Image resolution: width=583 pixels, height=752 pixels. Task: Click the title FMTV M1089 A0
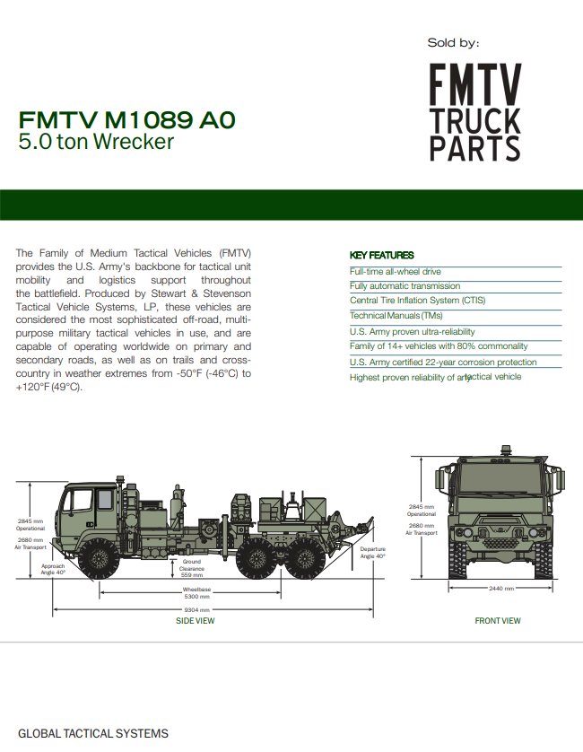point(126,119)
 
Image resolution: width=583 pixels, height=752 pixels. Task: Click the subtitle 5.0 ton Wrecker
point(96,142)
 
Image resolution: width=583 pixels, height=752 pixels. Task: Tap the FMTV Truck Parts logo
point(475,112)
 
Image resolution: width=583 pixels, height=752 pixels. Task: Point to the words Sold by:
point(453,43)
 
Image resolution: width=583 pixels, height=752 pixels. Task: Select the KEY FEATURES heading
point(381,255)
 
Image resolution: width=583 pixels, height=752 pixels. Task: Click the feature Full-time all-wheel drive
point(395,271)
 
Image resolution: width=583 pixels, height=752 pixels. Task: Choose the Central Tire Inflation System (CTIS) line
point(418,301)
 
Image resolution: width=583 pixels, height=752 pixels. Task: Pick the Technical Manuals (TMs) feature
point(396,316)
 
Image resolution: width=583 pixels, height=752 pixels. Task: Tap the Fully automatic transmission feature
point(405,286)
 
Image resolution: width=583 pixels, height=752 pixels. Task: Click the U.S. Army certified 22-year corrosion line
point(443,363)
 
